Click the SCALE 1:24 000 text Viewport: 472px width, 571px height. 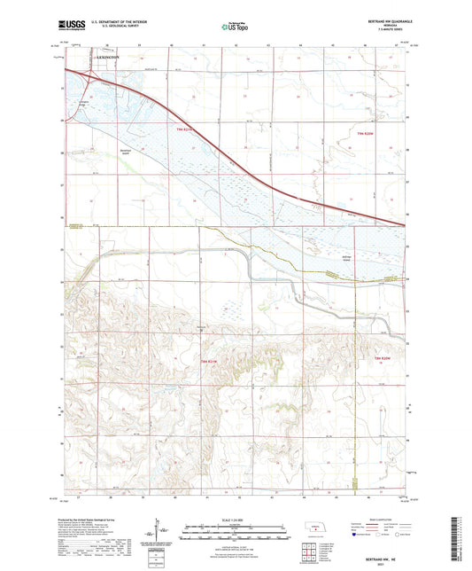click(x=236, y=517)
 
